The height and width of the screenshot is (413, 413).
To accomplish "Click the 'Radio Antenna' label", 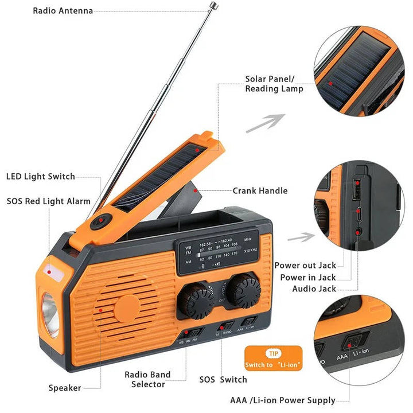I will point(63,11).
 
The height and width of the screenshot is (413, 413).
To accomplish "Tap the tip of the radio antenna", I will point(213,6).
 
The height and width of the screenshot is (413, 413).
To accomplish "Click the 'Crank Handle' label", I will point(260,190).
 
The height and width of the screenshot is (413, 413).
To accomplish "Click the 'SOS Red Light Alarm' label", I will point(49,201).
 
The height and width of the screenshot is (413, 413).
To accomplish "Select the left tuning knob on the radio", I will point(196,299).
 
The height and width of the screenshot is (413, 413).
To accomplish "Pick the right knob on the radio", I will point(243,290).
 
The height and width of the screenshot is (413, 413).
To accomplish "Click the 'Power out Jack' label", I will point(305,265).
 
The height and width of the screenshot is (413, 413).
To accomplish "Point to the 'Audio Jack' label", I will point(314,289).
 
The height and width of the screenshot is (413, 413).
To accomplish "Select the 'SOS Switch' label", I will point(223,379).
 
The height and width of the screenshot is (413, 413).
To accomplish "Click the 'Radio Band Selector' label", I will point(147,379).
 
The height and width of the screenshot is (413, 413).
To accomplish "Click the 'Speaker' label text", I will point(64,388).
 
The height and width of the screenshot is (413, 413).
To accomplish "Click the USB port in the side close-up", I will point(357,189).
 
